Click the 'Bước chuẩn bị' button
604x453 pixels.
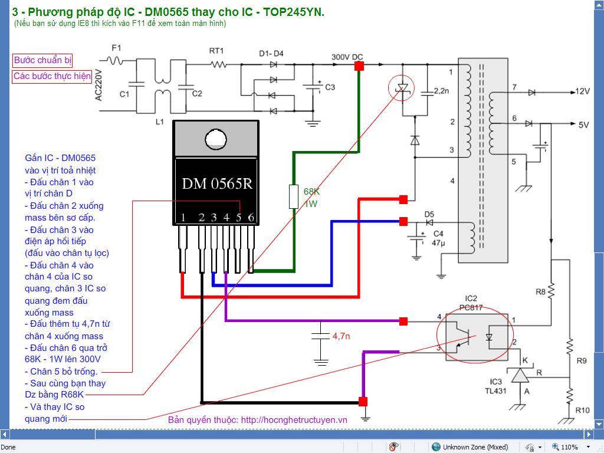(x=42, y=60)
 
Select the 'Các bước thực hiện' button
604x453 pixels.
(x=52, y=76)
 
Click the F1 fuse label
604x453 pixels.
(x=116, y=48)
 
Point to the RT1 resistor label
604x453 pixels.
(x=216, y=51)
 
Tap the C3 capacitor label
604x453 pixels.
(x=330, y=87)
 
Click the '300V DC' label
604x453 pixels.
(x=347, y=57)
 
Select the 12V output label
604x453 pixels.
(x=582, y=91)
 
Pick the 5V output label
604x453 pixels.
(x=583, y=125)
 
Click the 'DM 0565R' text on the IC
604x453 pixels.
(x=217, y=184)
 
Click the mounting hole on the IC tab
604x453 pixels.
(x=216, y=139)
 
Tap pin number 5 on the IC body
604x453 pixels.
(x=239, y=218)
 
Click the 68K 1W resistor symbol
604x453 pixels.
(x=294, y=197)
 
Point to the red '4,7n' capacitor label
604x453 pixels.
(x=342, y=336)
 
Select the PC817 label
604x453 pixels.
(x=471, y=307)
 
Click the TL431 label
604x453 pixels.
(x=495, y=391)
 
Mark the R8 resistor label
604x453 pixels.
(x=540, y=292)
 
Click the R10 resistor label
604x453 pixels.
(x=582, y=411)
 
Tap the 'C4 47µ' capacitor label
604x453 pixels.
(x=438, y=238)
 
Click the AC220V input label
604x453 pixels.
(x=99, y=85)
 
